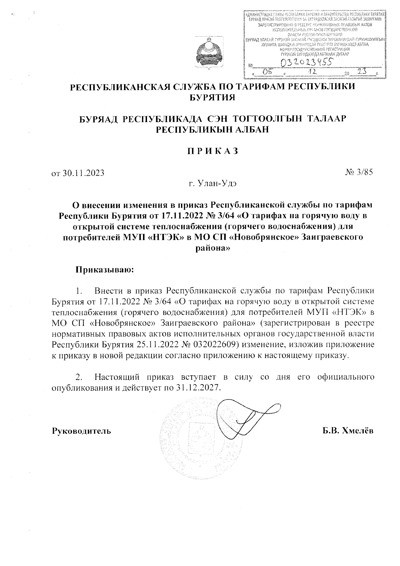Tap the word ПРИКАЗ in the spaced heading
pos(212,151)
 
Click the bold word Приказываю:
pos(105,269)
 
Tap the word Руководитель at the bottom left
pos(81,431)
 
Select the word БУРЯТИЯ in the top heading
pos(212,98)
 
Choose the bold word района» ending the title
pos(212,248)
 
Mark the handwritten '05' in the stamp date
pos(268,72)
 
